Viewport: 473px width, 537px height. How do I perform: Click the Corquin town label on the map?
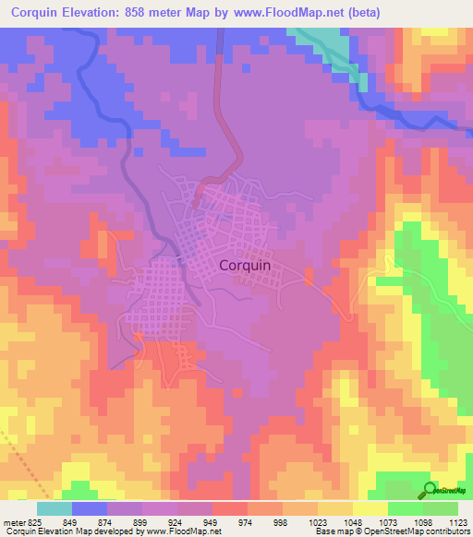coord(245,265)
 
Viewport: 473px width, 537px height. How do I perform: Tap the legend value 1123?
coord(456,521)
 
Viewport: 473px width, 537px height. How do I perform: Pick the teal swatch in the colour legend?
coord(55,508)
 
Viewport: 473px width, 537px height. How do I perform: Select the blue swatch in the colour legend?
coord(90,508)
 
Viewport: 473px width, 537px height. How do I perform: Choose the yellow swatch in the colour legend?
coord(370,508)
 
